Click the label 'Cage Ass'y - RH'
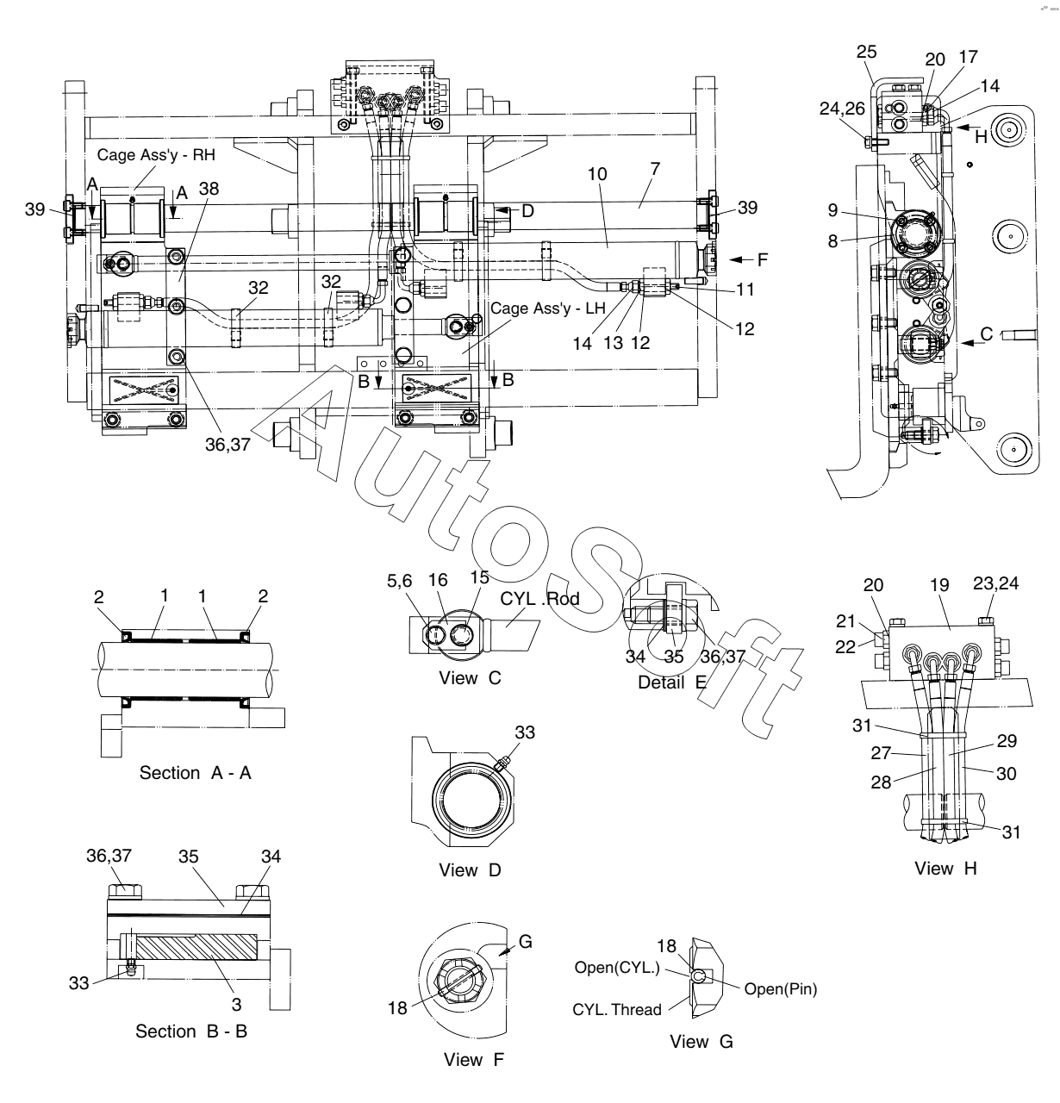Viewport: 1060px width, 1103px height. click(156, 155)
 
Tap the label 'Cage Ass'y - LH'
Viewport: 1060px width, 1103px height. click(547, 308)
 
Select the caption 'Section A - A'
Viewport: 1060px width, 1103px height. click(195, 773)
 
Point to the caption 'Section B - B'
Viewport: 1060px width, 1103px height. click(191, 1031)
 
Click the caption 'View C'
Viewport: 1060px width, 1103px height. click(470, 678)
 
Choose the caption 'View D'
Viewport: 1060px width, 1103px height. click(470, 870)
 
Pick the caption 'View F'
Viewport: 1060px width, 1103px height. click(474, 1059)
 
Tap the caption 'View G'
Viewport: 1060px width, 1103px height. click(701, 1041)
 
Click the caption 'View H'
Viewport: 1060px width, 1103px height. click(945, 869)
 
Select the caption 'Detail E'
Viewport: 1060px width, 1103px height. click(672, 682)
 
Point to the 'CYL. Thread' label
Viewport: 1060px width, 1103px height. click(617, 1009)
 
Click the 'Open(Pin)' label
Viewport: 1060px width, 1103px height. click(781, 989)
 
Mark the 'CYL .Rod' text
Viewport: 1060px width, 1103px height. click(539, 599)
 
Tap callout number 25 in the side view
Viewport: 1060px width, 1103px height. click(866, 52)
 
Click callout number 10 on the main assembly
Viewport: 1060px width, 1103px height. click(597, 174)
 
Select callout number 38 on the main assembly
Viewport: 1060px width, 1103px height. click(209, 189)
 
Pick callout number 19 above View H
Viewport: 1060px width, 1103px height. click(939, 585)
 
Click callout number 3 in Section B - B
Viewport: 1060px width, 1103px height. click(236, 1005)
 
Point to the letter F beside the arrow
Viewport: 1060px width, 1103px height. click(763, 259)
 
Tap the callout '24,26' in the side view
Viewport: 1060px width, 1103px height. click(842, 109)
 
